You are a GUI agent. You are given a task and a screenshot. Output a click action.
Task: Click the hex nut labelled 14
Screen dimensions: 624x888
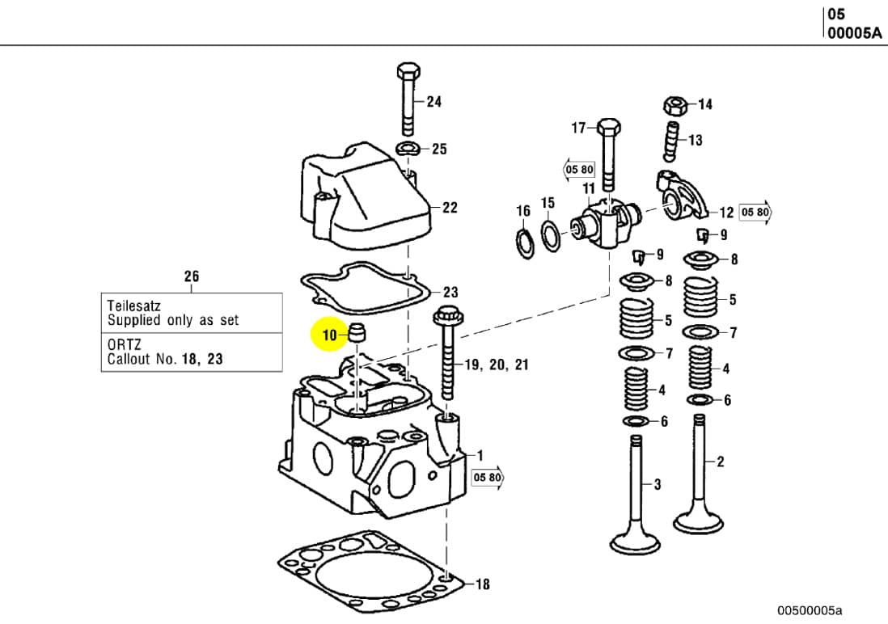(675, 105)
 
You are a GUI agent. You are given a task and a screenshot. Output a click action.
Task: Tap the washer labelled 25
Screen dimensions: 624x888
(408, 148)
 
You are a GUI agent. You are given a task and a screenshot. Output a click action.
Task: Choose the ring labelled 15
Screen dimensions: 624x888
(550, 237)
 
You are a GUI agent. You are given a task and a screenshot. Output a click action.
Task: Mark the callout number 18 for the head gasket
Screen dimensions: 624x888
(482, 584)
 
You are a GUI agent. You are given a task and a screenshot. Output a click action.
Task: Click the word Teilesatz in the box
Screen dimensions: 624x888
(133, 306)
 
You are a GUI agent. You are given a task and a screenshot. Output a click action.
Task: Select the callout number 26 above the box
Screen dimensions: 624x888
(191, 276)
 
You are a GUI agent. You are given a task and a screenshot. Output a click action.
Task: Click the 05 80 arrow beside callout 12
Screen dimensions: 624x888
(756, 213)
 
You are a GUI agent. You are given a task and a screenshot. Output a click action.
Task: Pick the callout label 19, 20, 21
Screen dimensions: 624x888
(497, 365)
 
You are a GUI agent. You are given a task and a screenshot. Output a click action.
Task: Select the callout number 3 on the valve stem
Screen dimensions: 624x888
(658, 484)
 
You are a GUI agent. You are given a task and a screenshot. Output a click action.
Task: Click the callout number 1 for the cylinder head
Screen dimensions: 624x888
(480, 455)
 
